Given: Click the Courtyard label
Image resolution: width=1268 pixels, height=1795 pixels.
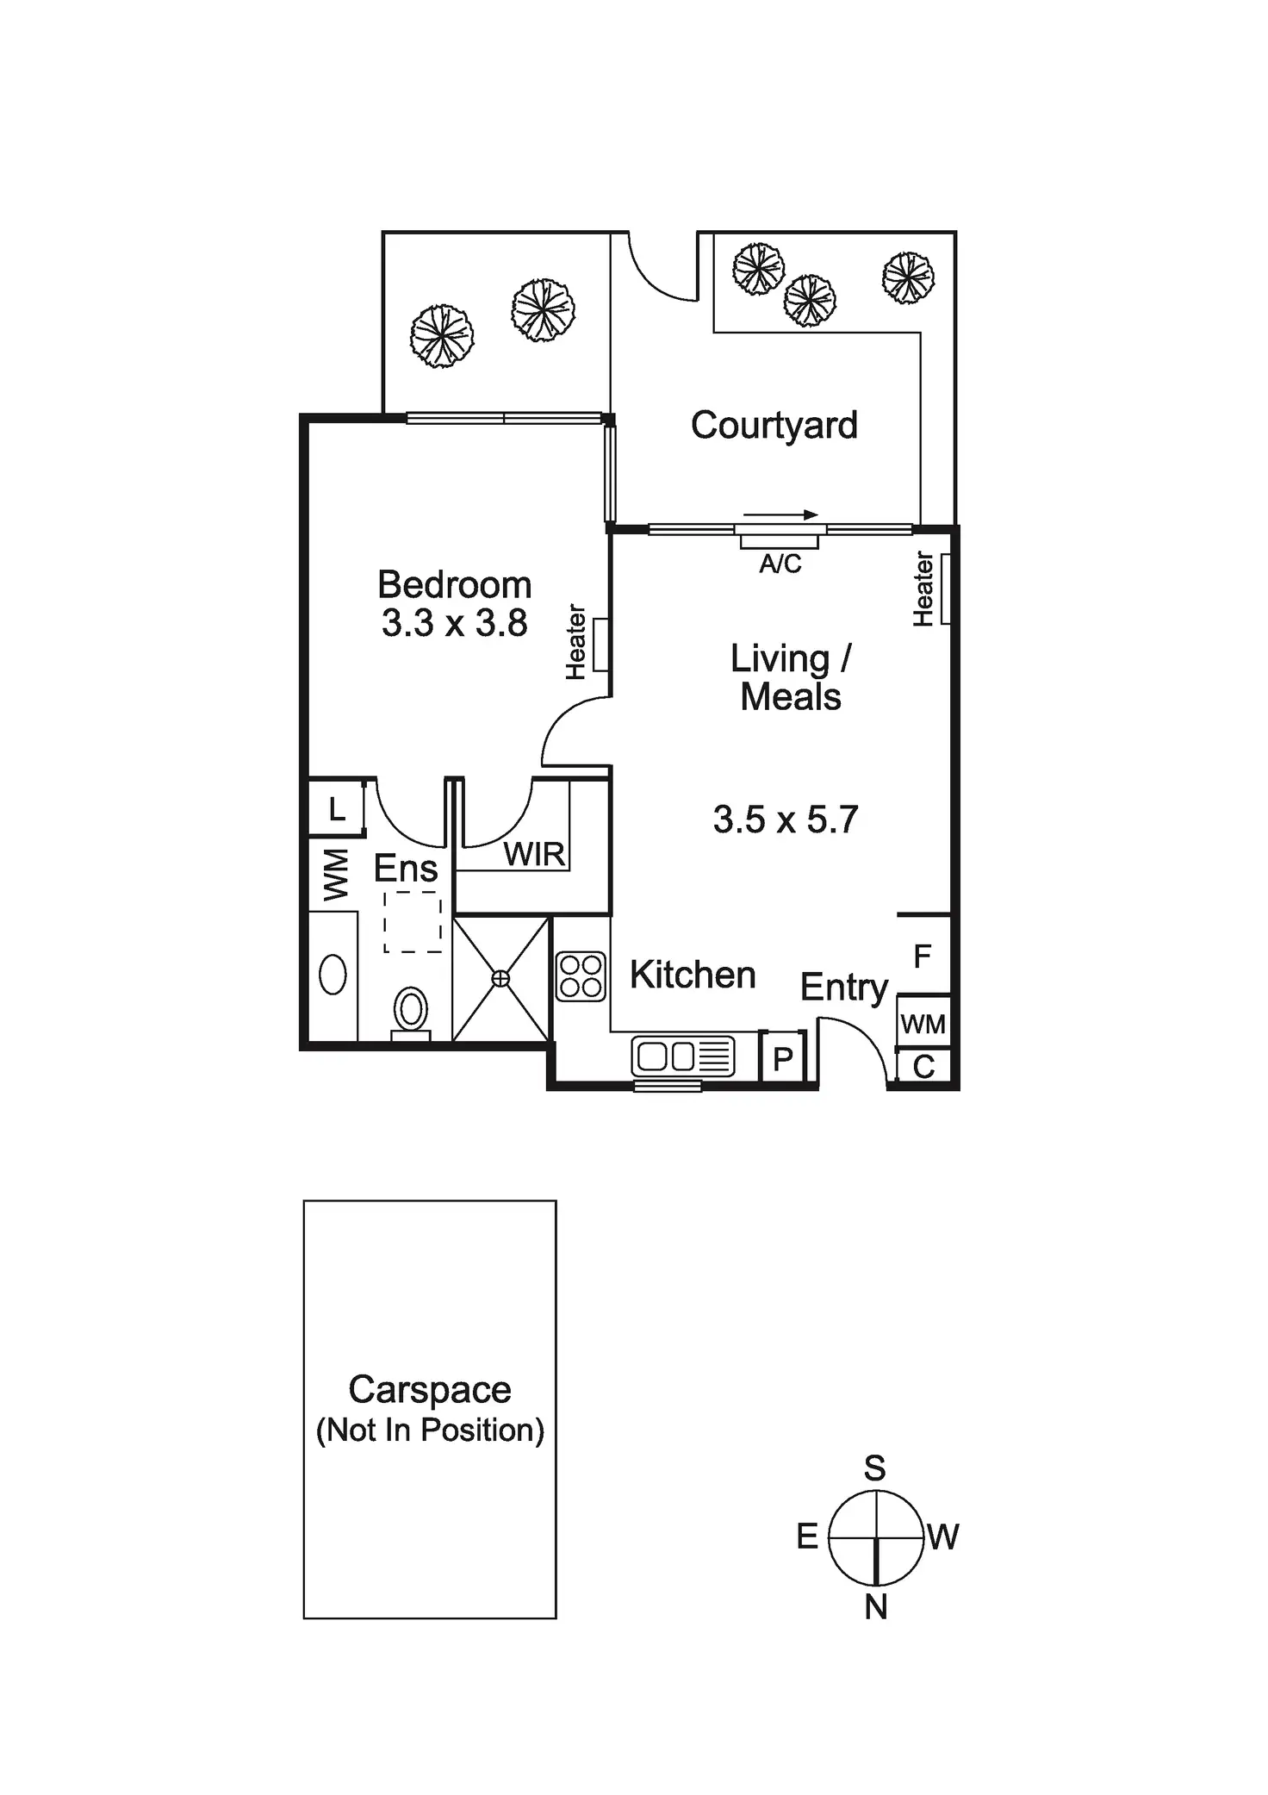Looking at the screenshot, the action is coord(774,426).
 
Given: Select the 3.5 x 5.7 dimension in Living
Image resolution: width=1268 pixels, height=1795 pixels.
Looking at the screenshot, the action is coord(786,820).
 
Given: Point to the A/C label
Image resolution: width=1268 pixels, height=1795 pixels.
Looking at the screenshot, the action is coord(780,564).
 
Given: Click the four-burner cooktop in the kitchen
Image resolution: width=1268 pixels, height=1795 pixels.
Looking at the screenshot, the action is coord(581,976).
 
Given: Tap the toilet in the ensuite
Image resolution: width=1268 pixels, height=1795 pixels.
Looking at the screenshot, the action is coord(411,1010).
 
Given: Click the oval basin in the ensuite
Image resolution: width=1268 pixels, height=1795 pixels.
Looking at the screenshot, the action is coord(333,975).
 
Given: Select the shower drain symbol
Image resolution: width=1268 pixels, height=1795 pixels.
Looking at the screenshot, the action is coord(500,979).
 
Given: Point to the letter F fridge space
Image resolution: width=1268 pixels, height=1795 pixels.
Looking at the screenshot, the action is coord(923,956).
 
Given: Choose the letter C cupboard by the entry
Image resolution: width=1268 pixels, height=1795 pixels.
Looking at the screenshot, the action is coord(923,1067).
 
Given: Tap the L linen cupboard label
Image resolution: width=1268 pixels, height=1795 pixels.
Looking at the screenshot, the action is coord(337,809).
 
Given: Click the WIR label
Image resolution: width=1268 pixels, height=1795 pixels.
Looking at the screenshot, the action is coord(534,854).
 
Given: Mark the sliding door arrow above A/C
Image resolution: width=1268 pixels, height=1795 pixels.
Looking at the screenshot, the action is coord(780,515).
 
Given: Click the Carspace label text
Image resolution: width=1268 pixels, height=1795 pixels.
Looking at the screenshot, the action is coord(430,1389).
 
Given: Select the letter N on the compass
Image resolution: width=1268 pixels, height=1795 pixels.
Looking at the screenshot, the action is coord(876,1607).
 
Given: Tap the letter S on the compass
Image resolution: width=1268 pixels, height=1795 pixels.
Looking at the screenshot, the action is coord(875,1468).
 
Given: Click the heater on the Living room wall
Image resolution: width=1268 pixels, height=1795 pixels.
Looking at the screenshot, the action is coord(945,589).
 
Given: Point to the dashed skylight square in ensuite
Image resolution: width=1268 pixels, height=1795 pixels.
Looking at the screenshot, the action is coord(413,923).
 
